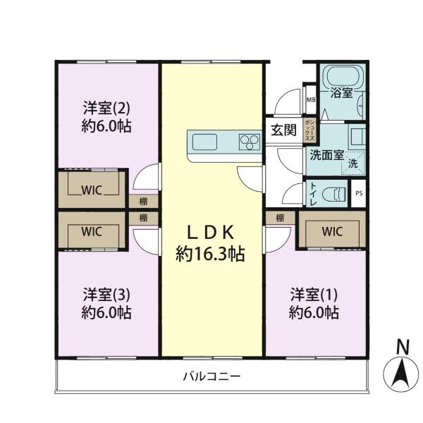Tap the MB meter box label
coord(311,100)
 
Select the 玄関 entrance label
coord(284,130)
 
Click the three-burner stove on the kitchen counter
coord(250,142)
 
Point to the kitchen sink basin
coord(204,142)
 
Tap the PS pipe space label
coord(359,193)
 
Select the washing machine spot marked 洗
coord(353,164)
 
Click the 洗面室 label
coord(326,155)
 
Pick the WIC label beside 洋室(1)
coord(332,231)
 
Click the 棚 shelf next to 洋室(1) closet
coord(281,217)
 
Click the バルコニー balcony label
coord(211,376)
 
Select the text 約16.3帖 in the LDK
coord(210,254)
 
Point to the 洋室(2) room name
coord(106,108)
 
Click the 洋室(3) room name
coord(106,295)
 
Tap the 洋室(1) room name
coord(314,295)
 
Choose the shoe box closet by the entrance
coord(309,130)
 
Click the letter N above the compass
coord(403,346)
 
